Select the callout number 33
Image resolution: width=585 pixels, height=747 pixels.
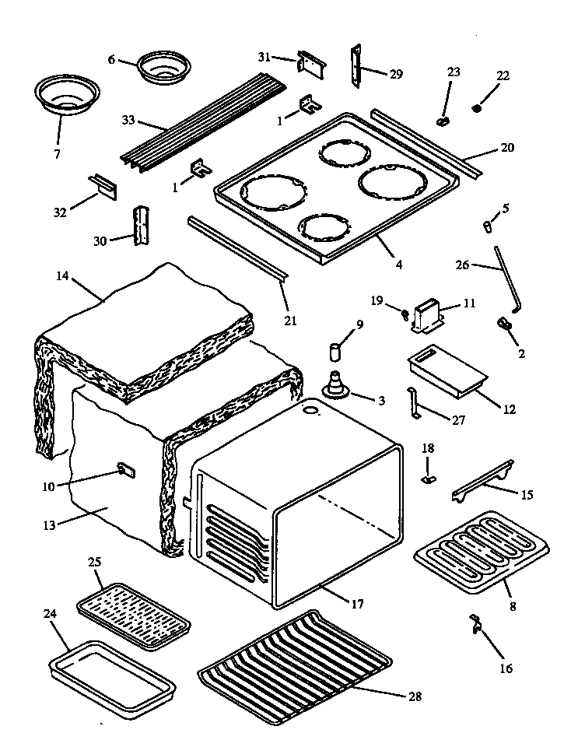point(128,121)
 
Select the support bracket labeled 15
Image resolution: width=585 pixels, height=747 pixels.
point(482,483)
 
